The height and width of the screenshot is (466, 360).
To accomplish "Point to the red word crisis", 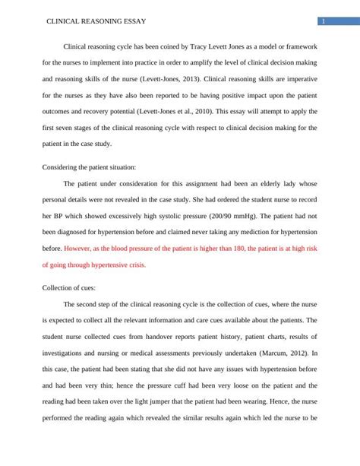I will pos(133,265).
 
